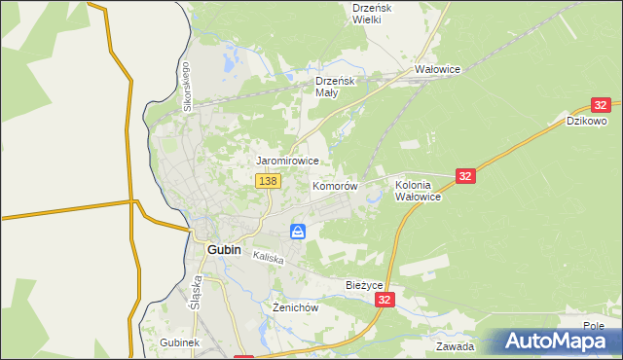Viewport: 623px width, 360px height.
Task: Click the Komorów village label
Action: point(335,185)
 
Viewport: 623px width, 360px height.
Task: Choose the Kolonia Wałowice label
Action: point(419,190)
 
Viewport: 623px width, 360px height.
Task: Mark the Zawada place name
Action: point(455,345)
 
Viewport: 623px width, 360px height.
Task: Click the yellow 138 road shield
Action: point(269,181)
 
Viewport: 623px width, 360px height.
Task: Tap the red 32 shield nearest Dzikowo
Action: point(601,104)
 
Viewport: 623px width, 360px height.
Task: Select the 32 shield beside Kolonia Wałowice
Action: point(465,175)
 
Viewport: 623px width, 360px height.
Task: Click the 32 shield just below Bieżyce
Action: point(386,302)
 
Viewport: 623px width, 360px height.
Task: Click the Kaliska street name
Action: point(268,258)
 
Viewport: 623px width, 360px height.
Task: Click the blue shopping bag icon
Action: point(298,231)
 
